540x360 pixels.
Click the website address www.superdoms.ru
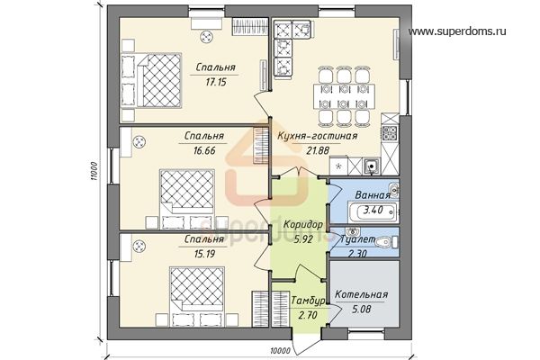pos(457,31)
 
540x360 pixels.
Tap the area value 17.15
pos(216,82)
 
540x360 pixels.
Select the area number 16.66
pos(204,150)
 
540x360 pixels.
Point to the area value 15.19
pos(204,254)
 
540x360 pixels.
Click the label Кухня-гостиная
pos(318,136)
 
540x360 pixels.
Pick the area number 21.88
pos(318,150)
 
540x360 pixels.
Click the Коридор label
pos(303,225)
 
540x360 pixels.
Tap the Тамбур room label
pos(308,301)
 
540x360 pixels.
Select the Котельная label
pos(361,295)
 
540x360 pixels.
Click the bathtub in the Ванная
pos(373,211)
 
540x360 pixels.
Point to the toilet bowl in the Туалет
pos(384,242)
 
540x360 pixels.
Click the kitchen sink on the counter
pos(371,166)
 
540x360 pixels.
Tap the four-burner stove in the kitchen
pos(391,133)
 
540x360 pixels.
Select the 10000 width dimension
pos(280,351)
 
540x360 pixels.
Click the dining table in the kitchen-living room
pos(344,96)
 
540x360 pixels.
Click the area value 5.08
pos(362,309)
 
